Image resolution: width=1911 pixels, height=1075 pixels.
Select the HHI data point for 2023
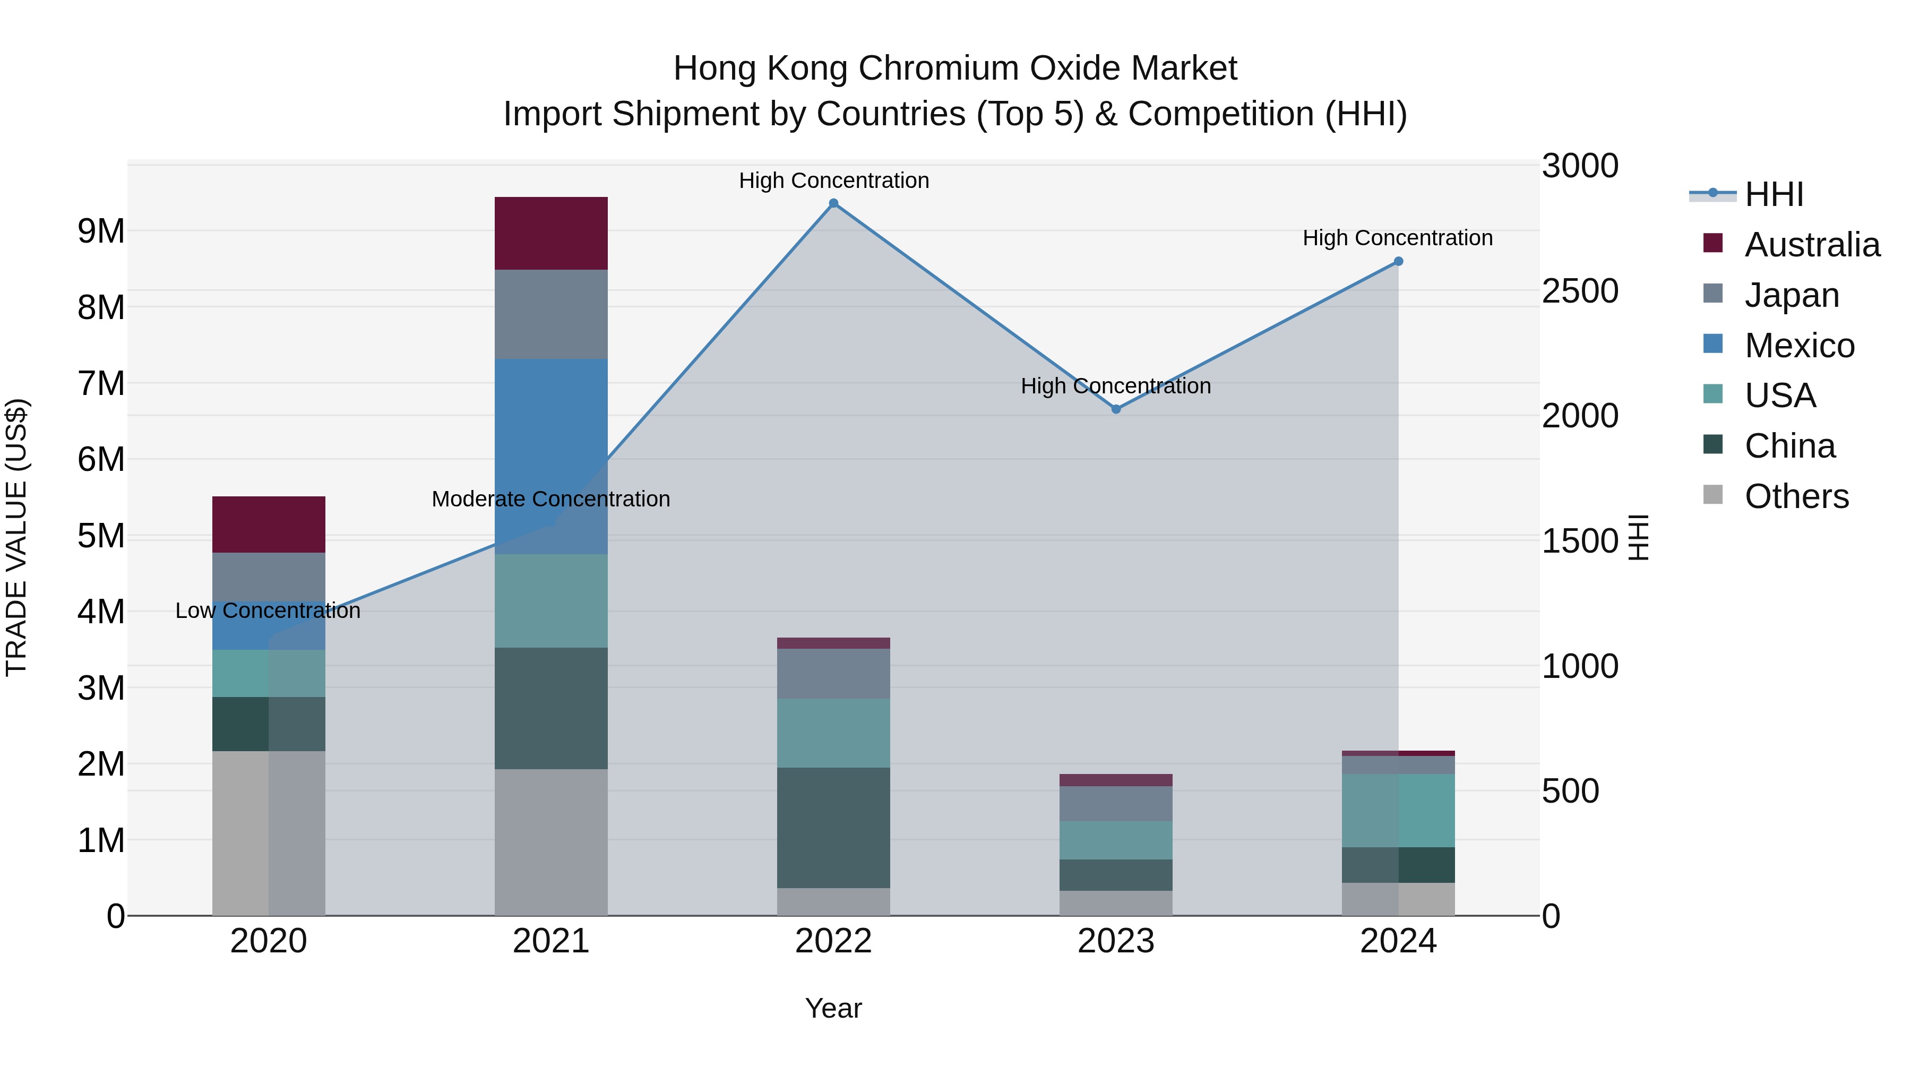click(1116, 409)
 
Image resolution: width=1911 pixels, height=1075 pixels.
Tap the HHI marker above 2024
click(1398, 261)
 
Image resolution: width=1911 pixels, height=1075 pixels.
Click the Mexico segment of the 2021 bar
click(550, 455)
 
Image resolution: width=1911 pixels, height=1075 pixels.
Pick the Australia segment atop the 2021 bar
click(550, 233)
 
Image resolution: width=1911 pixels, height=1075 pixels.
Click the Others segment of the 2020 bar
click(268, 832)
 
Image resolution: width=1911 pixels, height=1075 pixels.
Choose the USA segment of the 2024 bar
click(1398, 810)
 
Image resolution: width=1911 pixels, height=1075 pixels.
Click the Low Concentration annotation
click(268, 610)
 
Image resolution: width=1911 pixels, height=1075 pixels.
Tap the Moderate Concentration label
click(550, 498)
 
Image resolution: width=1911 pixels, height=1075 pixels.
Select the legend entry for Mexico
click(1799, 346)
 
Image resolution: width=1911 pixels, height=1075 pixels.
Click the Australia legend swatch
click(1713, 243)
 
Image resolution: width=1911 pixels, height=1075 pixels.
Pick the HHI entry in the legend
click(1773, 194)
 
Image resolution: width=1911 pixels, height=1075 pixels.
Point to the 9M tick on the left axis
click(101, 231)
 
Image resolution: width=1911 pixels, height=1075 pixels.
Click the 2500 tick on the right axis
click(1579, 291)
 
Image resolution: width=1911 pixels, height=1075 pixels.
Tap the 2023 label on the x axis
click(1116, 941)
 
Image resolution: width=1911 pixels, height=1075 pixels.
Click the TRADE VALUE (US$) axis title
click(16, 537)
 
